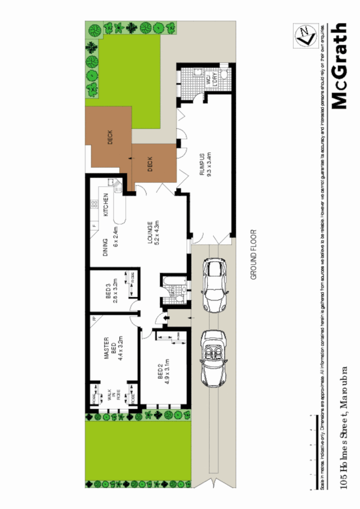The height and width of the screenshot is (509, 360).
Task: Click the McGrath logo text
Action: pos(339,66)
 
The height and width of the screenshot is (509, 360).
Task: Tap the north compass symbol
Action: pos(304,36)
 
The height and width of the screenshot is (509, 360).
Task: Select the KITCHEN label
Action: pos(106,206)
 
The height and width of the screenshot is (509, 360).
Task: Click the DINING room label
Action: pos(106,248)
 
